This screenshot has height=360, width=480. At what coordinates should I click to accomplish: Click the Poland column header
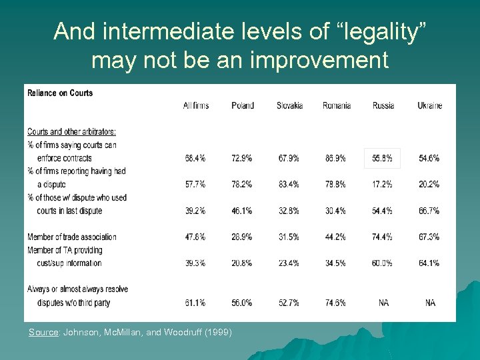(x=243, y=105)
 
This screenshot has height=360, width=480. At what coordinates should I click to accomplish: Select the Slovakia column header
(x=289, y=105)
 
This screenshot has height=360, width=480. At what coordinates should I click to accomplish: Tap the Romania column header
(x=337, y=105)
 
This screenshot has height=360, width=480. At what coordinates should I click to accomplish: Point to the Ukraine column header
(x=429, y=105)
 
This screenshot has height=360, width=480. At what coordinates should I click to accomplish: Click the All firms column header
(x=196, y=105)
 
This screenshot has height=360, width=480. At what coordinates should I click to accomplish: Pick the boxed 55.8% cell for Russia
(x=383, y=158)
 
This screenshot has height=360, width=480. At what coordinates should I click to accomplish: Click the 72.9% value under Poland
(x=243, y=158)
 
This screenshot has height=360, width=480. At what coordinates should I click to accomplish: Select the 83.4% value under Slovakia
(x=289, y=184)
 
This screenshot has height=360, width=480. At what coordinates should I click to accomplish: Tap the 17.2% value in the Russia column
(x=383, y=184)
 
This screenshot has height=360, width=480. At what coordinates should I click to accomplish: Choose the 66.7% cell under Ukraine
(x=429, y=211)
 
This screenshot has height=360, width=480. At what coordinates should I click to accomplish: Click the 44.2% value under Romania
(x=337, y=237)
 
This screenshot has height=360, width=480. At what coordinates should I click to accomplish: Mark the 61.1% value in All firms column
(x=196, y=303)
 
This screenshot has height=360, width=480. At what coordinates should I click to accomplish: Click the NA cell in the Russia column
(x=383, y=303)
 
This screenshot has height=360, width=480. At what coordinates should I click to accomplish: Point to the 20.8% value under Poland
(x=243, y=263)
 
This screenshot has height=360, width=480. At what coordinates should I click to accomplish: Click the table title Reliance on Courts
(x=60, y=93)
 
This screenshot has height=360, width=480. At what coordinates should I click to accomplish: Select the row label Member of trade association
(x=72, y=237)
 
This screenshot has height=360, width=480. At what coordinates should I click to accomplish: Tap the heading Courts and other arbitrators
(x=71, y=132)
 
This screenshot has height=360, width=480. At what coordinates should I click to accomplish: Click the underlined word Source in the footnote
(x=43, y=332)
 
